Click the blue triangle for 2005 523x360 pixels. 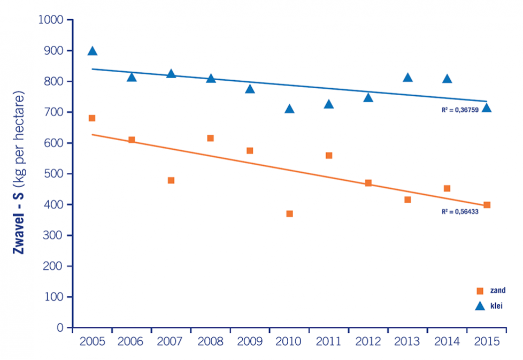tap(92, 51)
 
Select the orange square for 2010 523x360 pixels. tap(289, 213)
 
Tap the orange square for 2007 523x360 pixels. tap(171, 180)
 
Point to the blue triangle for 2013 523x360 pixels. tap(407, 78)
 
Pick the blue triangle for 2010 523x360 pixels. tap(289, 109)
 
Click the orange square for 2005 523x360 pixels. tap(92, 118)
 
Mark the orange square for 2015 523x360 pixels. tap(487, 205)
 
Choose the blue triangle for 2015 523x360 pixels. tap(487, 108)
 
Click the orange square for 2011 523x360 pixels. tap(329, 156)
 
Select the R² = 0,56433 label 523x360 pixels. tap(459, 212)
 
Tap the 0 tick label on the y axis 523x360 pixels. tap(61, 327)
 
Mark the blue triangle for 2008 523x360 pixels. tap(211, 79)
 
